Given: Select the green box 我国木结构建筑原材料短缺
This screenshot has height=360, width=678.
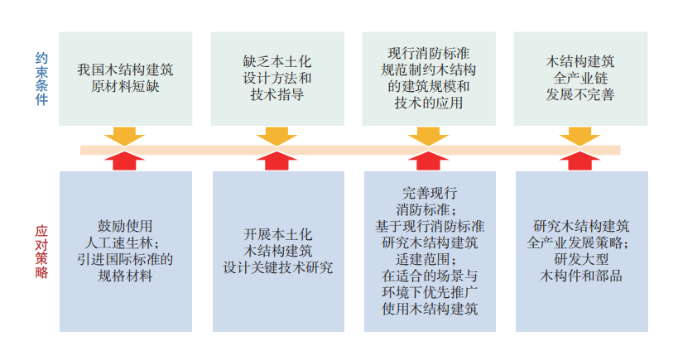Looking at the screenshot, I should coord(126,79).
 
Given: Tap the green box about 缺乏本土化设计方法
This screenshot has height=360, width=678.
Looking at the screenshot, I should coord(277,79).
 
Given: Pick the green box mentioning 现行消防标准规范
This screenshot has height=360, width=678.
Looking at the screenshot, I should coord(429,79).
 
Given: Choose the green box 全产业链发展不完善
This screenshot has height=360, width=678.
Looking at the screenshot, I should coord(580,79).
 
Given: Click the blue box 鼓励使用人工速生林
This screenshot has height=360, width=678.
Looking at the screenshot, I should coord(126,251).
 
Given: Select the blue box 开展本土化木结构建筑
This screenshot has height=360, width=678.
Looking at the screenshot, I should coord(278,251).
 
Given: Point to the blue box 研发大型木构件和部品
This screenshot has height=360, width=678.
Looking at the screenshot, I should coord(580,251).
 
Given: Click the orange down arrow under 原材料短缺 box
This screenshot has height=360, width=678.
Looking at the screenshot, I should coord(125,136).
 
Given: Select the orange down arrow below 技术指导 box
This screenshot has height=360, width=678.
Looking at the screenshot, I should coord(276,136).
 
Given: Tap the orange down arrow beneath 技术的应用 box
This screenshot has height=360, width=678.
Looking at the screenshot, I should coord(428,136).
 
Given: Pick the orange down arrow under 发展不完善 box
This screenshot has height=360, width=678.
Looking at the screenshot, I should coord(579,136).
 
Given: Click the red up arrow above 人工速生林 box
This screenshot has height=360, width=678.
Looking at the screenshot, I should coord(125,161).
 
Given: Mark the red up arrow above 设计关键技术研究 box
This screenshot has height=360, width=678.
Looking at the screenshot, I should coord(276,161).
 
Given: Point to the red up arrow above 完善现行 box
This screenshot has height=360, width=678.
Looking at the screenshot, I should coord(428,161).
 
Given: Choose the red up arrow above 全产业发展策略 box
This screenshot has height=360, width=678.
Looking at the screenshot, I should coord(579,161).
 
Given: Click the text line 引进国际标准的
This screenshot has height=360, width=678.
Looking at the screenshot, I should coord(125,259).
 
